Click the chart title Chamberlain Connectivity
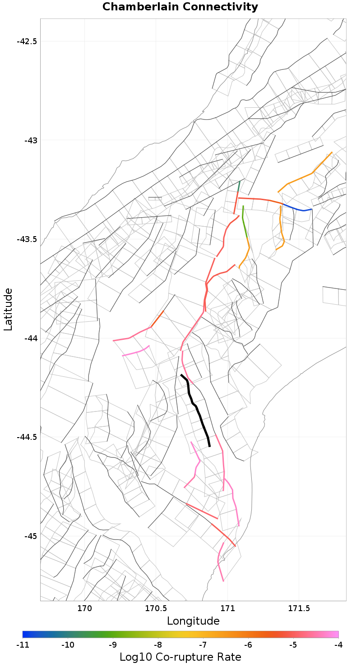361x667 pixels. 180,7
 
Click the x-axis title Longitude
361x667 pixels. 193,621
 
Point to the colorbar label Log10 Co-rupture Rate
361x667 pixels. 180,657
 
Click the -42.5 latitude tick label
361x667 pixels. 27,41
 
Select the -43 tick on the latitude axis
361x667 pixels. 31,140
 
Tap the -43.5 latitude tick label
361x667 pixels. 27,239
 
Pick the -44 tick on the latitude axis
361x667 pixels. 31,338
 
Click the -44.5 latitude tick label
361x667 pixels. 27,437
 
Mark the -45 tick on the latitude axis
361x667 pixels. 31,536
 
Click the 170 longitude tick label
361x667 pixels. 84,609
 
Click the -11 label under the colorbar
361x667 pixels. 23,645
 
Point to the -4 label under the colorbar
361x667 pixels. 338,645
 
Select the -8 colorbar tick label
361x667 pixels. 158,645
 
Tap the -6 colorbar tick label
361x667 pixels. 248,645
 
